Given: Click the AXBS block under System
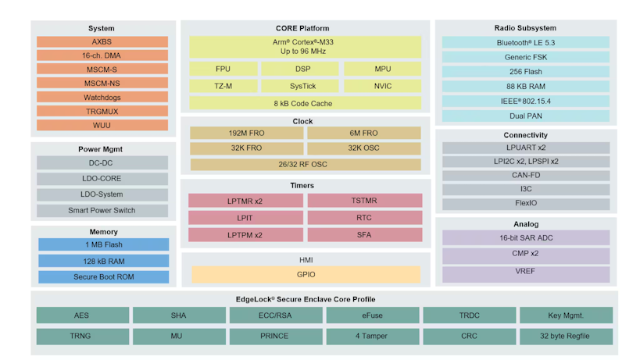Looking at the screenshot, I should point(102,42).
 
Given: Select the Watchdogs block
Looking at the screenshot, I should point(102,98).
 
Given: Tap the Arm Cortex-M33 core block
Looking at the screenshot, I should point(305,46).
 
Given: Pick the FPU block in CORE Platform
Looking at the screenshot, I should point(223,69).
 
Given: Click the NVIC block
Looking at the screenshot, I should point(383,86).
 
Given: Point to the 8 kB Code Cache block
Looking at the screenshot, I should point(305,103).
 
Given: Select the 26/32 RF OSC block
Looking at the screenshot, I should point(305,164).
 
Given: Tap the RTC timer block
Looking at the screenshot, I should point(364,218).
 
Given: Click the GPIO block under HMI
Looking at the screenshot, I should point(305,275).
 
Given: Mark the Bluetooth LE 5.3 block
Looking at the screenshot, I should point(526,42).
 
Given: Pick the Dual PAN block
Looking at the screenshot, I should point(526,116).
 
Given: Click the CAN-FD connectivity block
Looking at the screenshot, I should point(526,176).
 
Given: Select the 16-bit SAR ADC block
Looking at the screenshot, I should point(526,237).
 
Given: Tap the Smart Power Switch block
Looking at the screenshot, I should point(102,210).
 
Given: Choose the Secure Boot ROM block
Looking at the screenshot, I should point(102,276).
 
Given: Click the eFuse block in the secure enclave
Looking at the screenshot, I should point(372,315).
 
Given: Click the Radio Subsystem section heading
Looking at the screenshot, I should point(526,28).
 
